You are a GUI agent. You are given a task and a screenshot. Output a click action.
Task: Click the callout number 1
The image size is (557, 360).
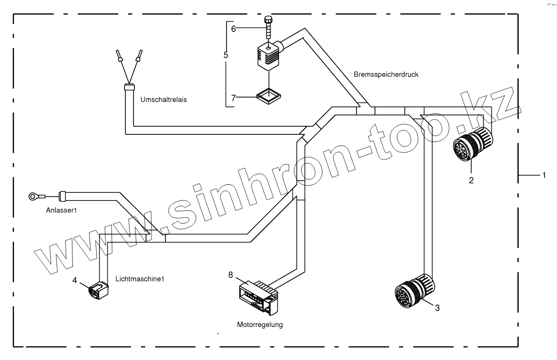(x=544, y=175)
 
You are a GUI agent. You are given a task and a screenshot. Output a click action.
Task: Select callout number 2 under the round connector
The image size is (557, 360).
(x=471, y=181)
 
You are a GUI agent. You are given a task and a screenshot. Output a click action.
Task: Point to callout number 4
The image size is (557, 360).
(x=75, y=280)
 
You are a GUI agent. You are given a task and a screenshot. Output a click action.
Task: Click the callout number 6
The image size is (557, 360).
(x=233, y=28)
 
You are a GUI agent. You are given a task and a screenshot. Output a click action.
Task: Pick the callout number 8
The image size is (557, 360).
(x=231, y=275)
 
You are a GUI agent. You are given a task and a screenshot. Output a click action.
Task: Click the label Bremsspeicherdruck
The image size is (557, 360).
(x=385, y=75)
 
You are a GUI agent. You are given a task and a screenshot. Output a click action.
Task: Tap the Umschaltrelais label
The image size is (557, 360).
(x=164, y=100)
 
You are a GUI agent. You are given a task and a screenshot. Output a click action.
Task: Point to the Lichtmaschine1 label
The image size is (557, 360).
(x=140, y=279)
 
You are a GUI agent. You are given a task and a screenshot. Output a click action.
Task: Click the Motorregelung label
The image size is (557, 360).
(x=260, y=324)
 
